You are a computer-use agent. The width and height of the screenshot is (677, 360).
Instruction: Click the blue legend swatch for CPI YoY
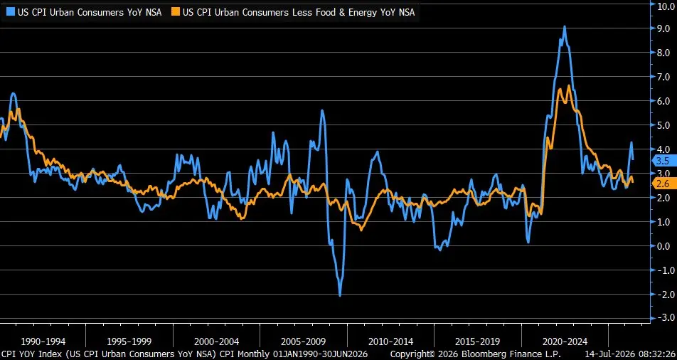click(x=9, y=12)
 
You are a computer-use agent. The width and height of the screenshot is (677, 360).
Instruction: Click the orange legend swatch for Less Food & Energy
click(x=175, y=12)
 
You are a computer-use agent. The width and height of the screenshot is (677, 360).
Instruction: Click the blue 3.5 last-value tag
click(x=663, y=161)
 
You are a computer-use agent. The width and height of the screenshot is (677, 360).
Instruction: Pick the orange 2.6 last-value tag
click(x=663, y=183)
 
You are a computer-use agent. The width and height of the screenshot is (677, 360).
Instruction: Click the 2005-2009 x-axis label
click(x=304, y=342)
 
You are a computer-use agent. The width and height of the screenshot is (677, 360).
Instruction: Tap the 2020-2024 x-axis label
click(x=565, y=342)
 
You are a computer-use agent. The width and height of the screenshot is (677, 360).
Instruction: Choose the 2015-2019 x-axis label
click(x=478, y=342)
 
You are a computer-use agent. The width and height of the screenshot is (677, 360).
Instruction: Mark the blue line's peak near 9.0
click(x=565, y=27)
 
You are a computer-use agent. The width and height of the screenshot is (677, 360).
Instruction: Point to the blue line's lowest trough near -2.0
click(x=340, y=295)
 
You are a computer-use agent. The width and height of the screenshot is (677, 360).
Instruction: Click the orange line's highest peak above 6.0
click(x=569, y=85)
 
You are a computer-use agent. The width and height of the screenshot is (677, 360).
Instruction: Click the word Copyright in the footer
click(x=412, y=354)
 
